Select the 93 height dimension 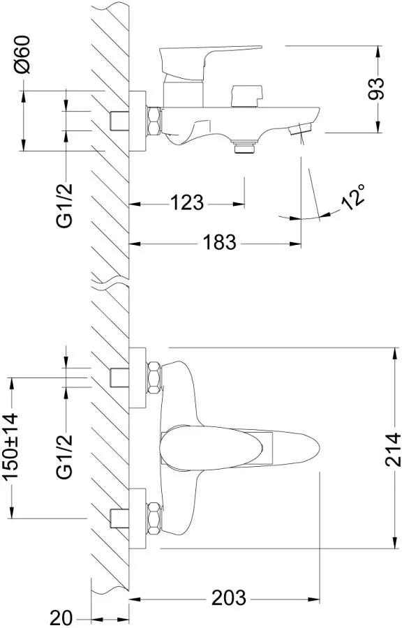(x=375, y=89)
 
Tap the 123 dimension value (x=187, y=202)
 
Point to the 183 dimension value (x=219, y=242)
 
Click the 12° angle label (x=353, y=196)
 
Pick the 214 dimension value (x=392, y=449)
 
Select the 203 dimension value (x=229, y=598)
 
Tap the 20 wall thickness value (x=61, y=617)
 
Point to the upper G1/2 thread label (x=64, y=205)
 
